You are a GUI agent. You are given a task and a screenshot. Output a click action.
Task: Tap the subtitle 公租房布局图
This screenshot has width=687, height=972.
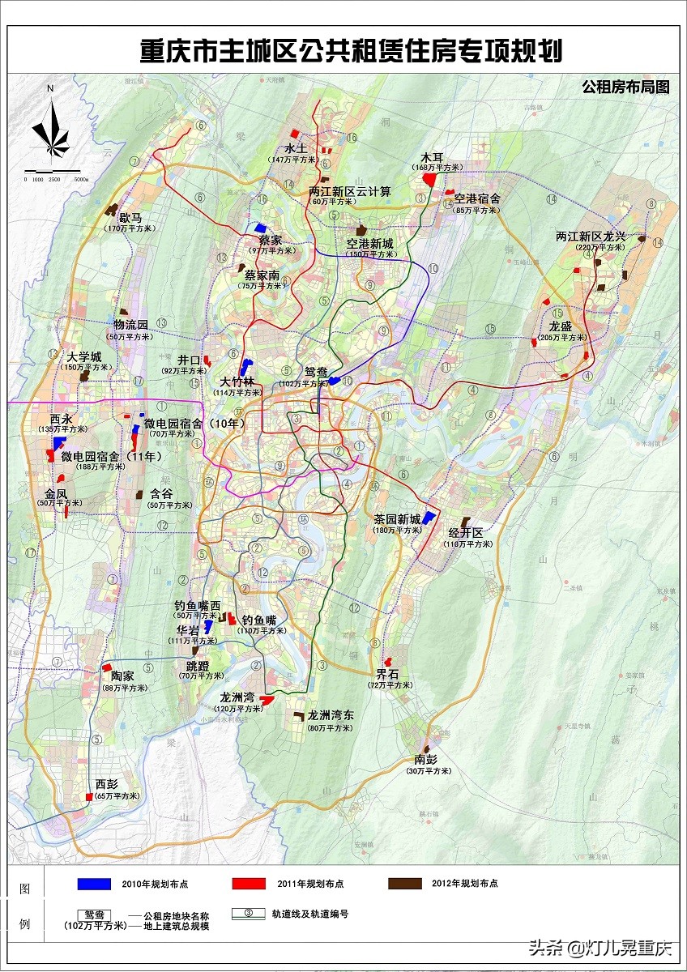click(625, 87)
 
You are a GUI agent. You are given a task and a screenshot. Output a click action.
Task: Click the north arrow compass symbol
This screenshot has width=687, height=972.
click(50, 130)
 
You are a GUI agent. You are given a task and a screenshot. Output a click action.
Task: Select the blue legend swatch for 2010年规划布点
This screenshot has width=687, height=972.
click(93, 884)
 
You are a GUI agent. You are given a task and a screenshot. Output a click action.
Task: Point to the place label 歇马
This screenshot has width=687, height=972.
click(130, 218)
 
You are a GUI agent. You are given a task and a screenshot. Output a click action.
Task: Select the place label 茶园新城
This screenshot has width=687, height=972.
click(397, 519)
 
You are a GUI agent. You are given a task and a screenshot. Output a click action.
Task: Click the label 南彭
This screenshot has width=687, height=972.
click(425, 761)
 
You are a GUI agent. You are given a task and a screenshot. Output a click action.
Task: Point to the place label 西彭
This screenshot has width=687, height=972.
click(106, 784)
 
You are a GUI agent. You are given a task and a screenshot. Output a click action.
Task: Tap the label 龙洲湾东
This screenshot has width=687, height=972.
click(330, 716)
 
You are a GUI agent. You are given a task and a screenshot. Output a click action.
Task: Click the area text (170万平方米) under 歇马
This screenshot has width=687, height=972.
click(130, 229)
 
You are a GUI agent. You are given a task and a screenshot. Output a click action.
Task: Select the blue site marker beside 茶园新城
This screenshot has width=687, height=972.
click(429, 518)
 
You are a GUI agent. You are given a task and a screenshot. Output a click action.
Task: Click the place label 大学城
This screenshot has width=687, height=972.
click(84, 356)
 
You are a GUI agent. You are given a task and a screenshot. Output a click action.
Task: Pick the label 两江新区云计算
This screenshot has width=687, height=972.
click(350, 192)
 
